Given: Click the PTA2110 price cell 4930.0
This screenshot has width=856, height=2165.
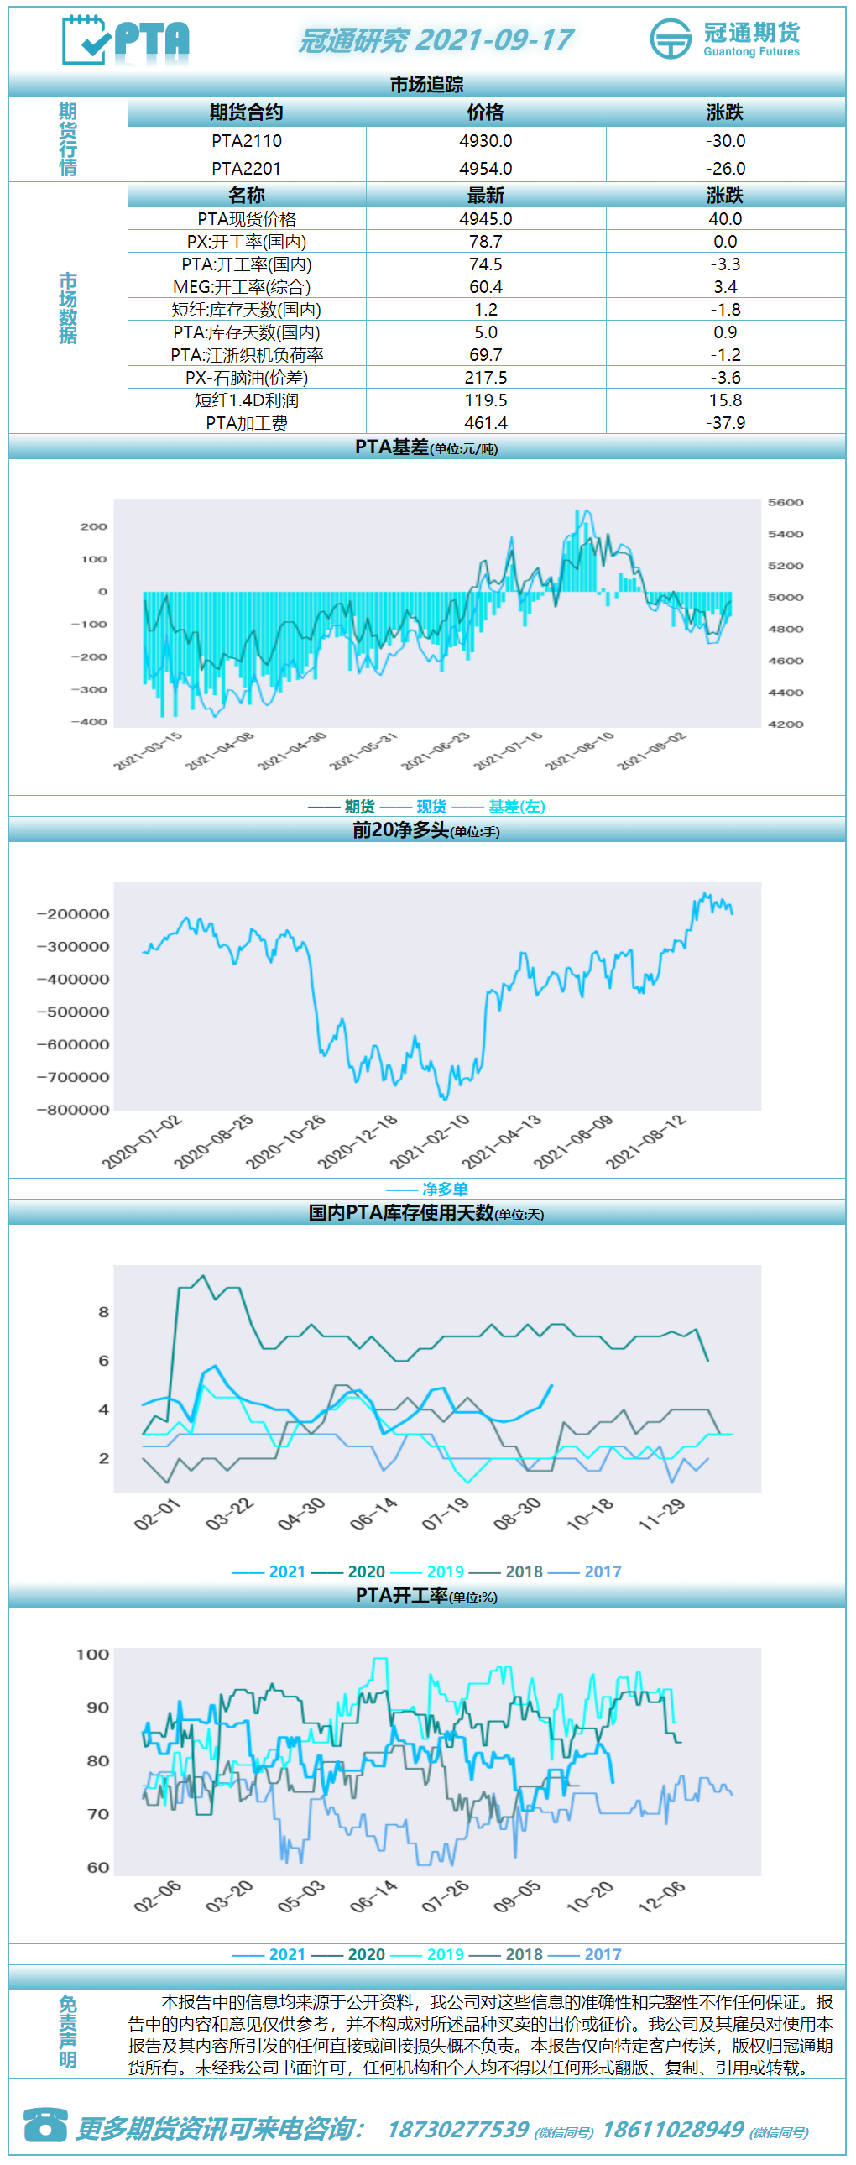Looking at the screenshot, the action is (486, 140).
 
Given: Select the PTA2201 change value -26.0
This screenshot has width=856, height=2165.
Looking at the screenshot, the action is (725, 168).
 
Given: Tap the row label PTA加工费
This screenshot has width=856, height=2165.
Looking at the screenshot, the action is (247, 423).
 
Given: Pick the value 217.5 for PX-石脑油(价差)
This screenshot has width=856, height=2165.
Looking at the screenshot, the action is (486, 378).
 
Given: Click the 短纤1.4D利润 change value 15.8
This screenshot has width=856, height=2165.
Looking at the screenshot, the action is (725, 400).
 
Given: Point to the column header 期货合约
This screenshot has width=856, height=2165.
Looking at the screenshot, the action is (246, 112).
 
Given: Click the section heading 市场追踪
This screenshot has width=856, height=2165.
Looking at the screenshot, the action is (426, 84).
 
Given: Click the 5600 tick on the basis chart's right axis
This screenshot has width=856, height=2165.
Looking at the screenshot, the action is (786, 503).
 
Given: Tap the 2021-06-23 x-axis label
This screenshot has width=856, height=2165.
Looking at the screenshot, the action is (436, 750).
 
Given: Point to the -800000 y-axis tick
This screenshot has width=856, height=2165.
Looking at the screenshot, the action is (73, 1110).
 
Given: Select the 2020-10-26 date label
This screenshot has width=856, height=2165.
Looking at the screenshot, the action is (285, 1142).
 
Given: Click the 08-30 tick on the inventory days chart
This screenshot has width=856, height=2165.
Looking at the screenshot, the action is (518, 1513).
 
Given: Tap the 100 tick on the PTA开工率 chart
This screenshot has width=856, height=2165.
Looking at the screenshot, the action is (92, 1654).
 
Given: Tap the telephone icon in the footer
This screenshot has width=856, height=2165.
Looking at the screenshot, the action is (45, 2124).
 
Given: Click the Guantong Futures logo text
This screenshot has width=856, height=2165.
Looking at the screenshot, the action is (751, 51).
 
